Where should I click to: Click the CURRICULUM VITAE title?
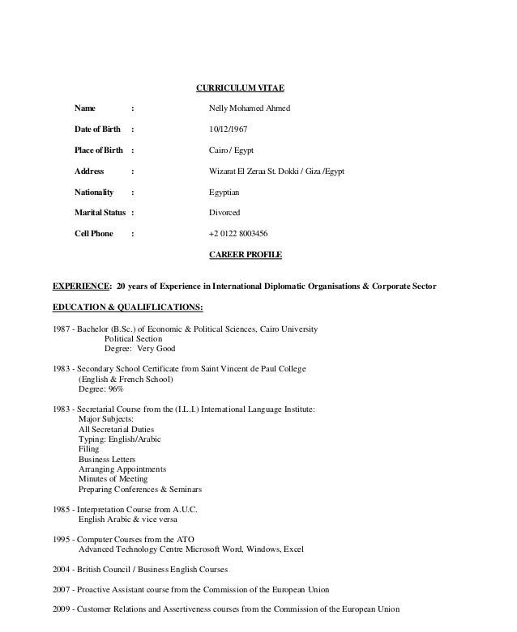(x=241, y=87)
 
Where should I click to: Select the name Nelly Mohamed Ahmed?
(x=249, y=108)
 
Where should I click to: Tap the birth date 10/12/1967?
(x=228, y=129)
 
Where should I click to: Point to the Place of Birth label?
(x=99, y=151)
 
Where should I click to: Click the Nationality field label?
(x=94, y=193)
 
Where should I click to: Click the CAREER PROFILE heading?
(x=246, y=255)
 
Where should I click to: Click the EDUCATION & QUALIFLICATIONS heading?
(x=127, y=308)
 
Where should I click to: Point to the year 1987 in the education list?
(x=62, y=330)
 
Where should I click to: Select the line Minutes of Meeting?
(x=113, y=479)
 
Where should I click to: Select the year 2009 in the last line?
(x=62, y=610)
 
